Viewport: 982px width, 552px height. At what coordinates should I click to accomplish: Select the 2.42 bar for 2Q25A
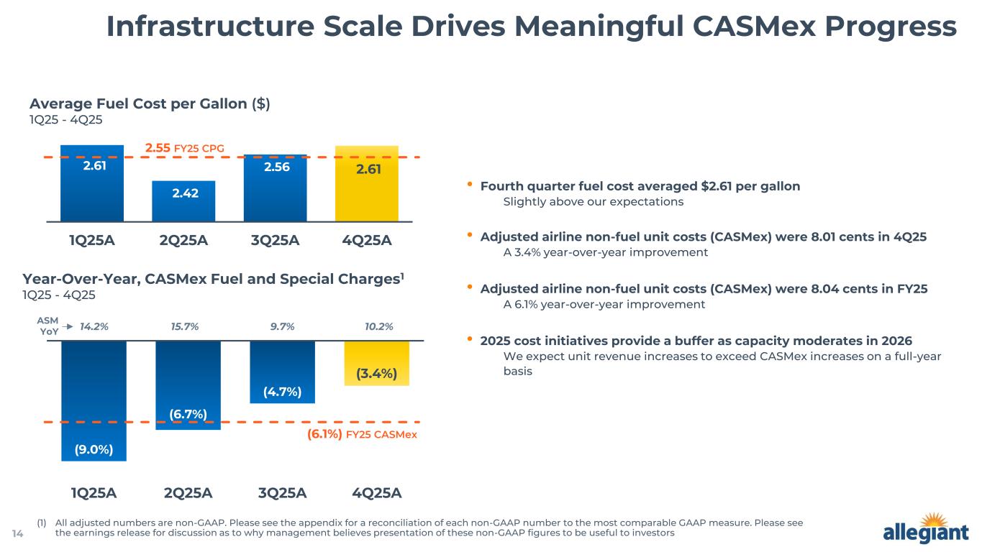pyautogui.click(x=183, y=201)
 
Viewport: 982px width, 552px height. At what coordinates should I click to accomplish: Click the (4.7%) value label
pyautogui.click(x=282, y=392)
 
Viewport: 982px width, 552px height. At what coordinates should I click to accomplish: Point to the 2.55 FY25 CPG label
pyautogui.click(x=185, y=148)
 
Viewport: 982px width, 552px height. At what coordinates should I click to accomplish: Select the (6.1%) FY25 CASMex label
pyautogui.click(x=362, y=435)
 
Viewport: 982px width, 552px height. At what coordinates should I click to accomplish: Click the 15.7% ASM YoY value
pyautogui.click(x=184, y=326)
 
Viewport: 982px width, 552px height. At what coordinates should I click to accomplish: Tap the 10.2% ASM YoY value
pyautogui.click(x=378, y=326)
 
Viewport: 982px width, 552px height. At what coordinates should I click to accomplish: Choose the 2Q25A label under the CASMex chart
pyautogui.click(x=188, y=493)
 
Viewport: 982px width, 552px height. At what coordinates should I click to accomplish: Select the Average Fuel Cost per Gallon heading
pyautogui.click(x=150, y=103)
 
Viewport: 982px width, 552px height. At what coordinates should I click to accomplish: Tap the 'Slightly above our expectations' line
pyautogui.click(x=593, y=202)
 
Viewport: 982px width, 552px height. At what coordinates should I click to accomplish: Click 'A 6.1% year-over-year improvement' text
pyautogui.click(x=604, y=304)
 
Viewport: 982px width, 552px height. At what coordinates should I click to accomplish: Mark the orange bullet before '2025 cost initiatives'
pyautogui.click(x=470, y=339)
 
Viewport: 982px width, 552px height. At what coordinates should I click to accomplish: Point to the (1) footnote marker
pyautogui.click(x=41, y=523)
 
